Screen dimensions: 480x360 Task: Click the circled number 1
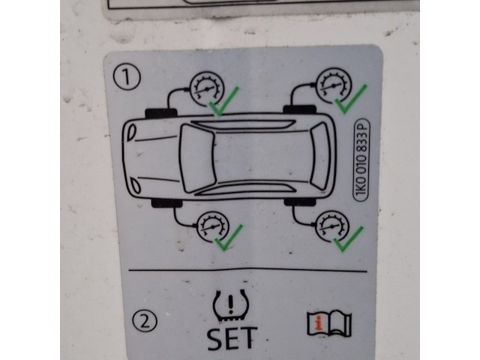[x=127, y=76]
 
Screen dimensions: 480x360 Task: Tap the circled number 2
[x=145, y=322]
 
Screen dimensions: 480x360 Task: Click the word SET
[x=232, y=338]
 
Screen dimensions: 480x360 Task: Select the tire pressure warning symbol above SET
[x=231, y=305]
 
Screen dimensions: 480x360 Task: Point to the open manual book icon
[x=329, y=323]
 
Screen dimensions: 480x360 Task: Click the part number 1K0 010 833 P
[x=361, y=160]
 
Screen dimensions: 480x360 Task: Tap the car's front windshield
[x=196, y=158]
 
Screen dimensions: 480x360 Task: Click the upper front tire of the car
[x=161, y=114]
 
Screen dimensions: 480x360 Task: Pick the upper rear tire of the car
[x=299, y=109]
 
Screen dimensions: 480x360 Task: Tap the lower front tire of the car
[x=166, y=202]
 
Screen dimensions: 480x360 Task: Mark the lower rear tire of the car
[x=300, y=202]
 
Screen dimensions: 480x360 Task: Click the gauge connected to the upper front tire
[x=207, y=89]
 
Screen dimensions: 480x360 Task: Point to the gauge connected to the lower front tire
[x=213, y=226]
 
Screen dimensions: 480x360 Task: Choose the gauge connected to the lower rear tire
[x=331, y=226]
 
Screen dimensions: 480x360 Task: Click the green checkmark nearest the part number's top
[x=351, y=99]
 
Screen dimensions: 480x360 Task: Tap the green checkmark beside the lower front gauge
[x=229, y=238]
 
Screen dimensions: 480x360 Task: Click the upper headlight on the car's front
[x=132, y=133]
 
